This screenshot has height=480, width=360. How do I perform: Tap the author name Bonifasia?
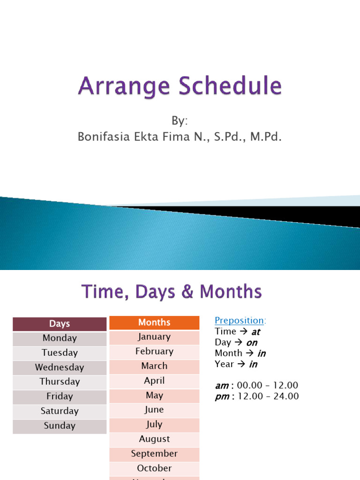[100, 137]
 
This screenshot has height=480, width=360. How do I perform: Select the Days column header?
[60, 323]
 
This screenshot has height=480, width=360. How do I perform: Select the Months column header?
[154, 322]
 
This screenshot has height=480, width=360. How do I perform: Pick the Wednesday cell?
[60, 367]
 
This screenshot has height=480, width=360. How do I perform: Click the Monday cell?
[60, 338]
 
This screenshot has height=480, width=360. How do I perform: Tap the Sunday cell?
[60, 426]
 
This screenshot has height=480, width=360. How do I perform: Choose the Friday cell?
[60, 397]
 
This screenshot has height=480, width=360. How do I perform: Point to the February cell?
[154, 351]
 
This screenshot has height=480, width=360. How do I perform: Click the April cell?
[154, 381]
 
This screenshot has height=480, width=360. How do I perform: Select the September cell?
[154, 454]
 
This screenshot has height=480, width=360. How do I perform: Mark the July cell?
[154, 424]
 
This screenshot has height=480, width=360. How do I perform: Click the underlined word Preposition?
[239, 320]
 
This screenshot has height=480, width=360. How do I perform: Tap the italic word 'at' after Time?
[255, 332]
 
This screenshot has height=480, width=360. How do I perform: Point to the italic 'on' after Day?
[252, 343]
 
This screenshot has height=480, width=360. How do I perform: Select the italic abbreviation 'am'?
[222, 386]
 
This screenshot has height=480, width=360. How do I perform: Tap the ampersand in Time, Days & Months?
[187, 292]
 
